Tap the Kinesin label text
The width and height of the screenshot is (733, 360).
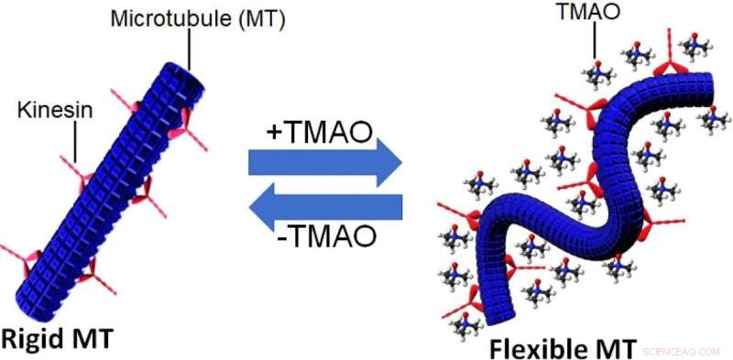[46, 112]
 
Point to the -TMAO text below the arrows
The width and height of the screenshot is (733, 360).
[324, 236]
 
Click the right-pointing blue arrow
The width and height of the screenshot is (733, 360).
[325, 163]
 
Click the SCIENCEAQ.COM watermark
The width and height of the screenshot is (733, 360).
[683, 351]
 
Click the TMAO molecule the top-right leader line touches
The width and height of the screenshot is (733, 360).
[596, 71]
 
